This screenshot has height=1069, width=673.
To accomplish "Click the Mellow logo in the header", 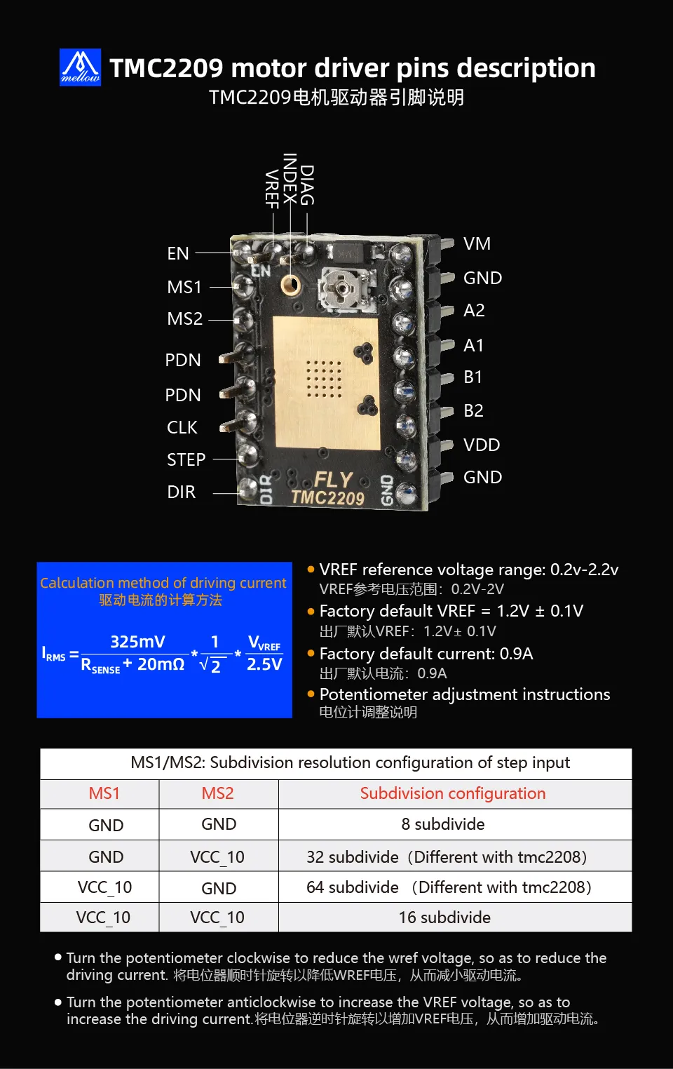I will click(x=80, y=67).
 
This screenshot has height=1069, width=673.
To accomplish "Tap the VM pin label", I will click(x=477, y=244).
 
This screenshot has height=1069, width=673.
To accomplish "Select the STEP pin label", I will click(x=186, y=459).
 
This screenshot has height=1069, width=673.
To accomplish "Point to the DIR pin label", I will click(x=181, y=492).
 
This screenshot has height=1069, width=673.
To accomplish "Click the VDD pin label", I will click(x=482, y=445).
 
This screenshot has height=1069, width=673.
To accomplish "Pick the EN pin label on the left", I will click(x=178, y=253).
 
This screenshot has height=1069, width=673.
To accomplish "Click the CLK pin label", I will click(x=182, y=427).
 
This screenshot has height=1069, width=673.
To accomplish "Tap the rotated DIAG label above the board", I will click(x=307, y=185).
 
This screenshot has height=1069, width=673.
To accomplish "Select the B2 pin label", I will click(x=473, y=411).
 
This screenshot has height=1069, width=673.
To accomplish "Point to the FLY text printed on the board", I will click(x=333, y=480).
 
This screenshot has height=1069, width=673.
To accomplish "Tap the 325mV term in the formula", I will click(x=137, y=642).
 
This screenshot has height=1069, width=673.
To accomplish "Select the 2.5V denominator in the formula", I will click(x=264, y=664).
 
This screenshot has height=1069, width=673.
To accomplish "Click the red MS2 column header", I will click(x=217, y=793).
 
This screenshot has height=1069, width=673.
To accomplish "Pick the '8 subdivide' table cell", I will click(x=442, y=824).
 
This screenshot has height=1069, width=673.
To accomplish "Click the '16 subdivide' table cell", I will click(x=444, y=917).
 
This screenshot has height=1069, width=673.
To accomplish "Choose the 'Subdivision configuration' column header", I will click(x=453, y=793).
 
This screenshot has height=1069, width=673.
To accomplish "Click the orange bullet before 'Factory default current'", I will click(x=311, y=653).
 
